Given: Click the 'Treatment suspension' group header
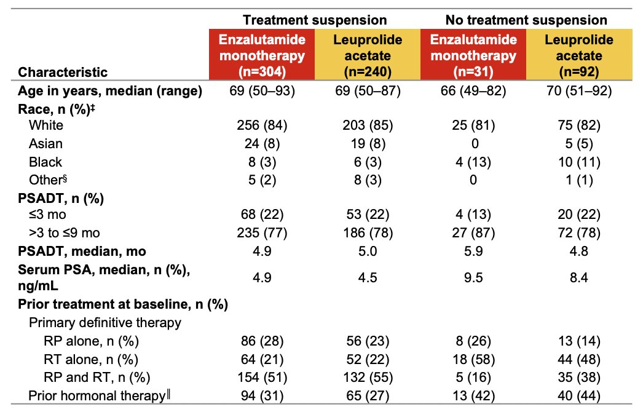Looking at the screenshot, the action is click(x=315, y=20).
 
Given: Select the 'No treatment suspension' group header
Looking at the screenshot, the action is click(x=526, y=20).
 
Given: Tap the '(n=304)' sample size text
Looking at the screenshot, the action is click(x=262, y=71).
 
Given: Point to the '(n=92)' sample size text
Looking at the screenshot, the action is click(x=579, y=71).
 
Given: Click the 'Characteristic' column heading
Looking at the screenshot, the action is click(x=63, y=72).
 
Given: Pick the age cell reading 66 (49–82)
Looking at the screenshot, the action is click(x=473, y=90).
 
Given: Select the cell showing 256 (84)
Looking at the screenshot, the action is click(x=262, y=125).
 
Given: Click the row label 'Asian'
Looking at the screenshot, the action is click(x=46, y=144).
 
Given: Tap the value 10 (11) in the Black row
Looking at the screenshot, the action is click(x=579, y=162).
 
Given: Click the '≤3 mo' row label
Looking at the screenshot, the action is click(x=47, y=214).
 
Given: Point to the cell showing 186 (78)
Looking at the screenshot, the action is click(x=368, y=232).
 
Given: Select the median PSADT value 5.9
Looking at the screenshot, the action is click(x=473, y=251).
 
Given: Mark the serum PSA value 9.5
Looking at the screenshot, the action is click(x=473, y=277).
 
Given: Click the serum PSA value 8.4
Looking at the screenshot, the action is click(x=579, y=277).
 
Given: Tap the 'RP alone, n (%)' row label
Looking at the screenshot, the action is click(x=91, y=341).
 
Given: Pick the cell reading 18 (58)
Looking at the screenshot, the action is click(x=473, y=360).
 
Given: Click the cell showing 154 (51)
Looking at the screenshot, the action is click(x=262, y=377).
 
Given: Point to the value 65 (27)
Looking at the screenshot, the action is click(x=368, y=395).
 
